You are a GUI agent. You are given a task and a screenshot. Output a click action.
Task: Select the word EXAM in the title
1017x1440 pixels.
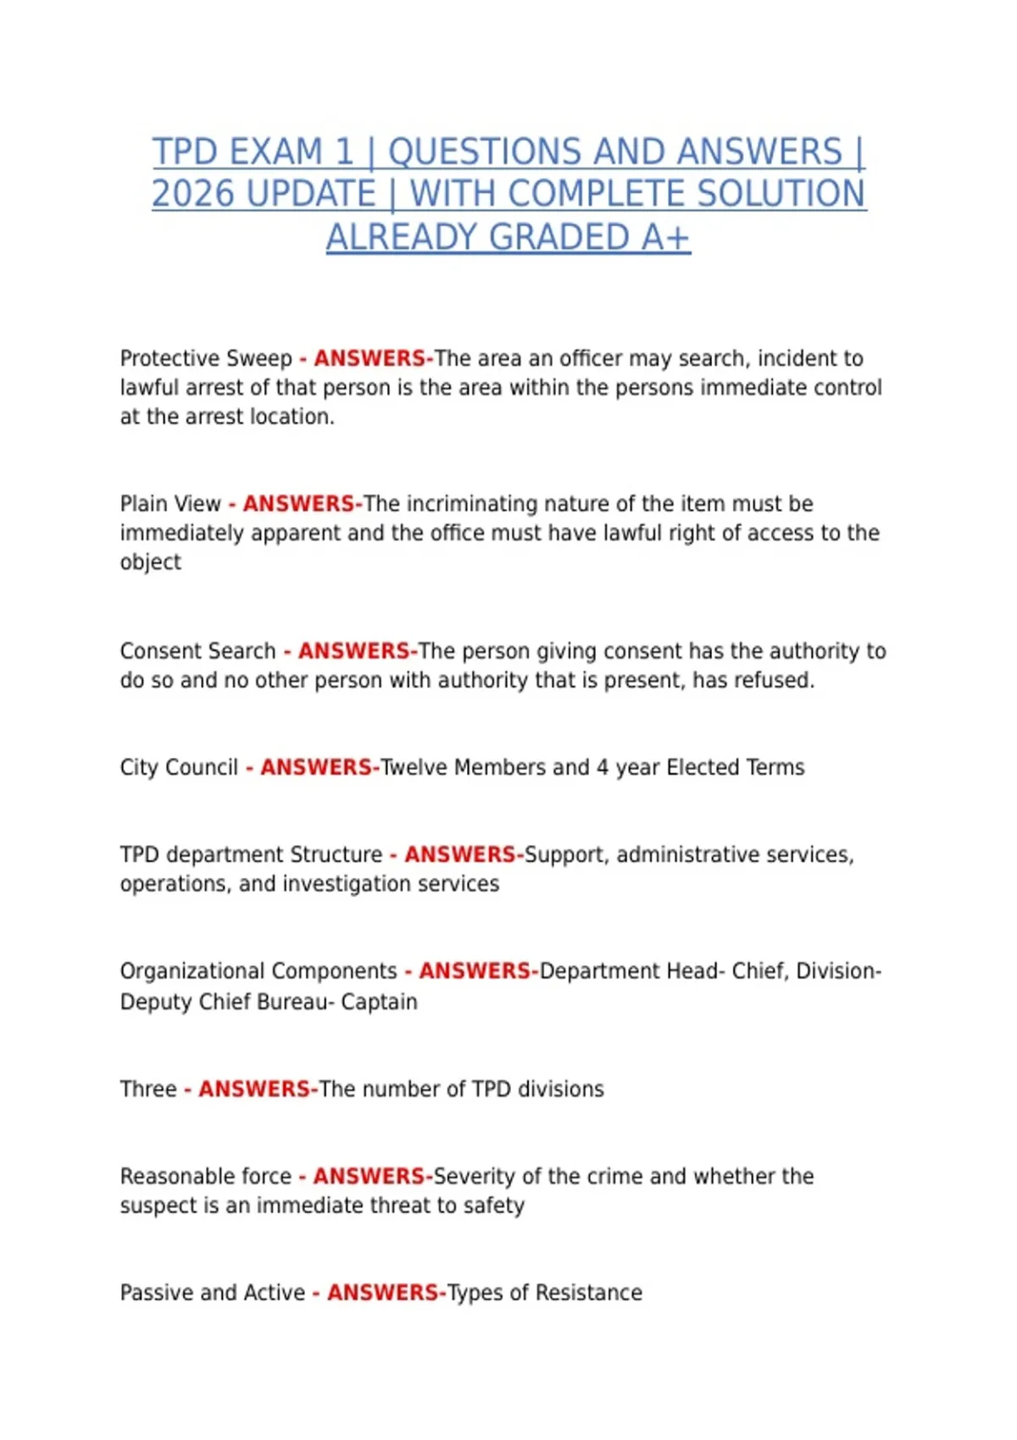(275, 152)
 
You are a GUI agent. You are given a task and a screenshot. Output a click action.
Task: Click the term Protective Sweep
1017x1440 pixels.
(205, 359)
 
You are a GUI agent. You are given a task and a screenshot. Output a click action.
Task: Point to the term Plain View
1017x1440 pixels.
(169, 504)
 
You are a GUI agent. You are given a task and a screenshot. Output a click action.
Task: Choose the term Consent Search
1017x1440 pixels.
(197, 651)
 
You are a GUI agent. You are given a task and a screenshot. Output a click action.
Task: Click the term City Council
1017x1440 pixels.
(179, 767)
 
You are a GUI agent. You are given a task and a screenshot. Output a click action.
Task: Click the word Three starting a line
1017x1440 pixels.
(148, 1089)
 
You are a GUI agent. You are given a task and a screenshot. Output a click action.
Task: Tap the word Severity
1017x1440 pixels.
(474, 1177)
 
